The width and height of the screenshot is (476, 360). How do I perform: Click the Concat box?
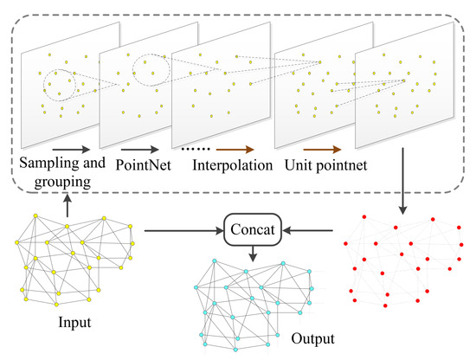pyautogui.click(x=250, y=231)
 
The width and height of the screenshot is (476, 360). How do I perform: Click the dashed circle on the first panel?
pyautogui.click(x=60, y=82)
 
